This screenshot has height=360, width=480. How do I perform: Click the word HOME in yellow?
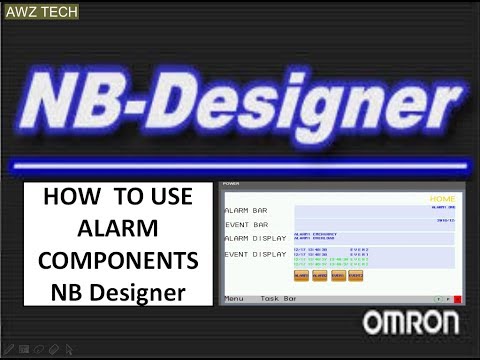(x=442, y=199)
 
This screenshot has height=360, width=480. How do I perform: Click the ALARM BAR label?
(x=245, y=211)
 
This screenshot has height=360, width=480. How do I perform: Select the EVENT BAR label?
(x=245, y=225)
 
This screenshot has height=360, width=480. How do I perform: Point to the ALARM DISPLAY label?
(x=254, y=238)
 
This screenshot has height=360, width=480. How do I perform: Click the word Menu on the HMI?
(x=234, y=298)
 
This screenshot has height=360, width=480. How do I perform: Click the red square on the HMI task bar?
(x=456, y=298)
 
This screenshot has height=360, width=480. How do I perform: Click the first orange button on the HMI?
(x=301, y=274)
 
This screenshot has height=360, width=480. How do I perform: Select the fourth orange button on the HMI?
(x=356, y=274)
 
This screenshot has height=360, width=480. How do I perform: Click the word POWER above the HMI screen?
(x=231, y=184)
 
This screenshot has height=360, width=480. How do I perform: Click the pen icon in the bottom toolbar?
(x=9, y=350)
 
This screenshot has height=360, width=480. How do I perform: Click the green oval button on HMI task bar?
(x=438, y=298)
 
